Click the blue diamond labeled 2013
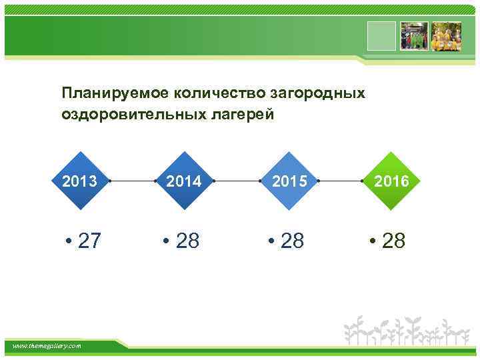[x=79, y=181]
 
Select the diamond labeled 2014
[x=184, y=181]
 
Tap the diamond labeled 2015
[x=289, y=181]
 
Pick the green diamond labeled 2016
[x=393, y=181]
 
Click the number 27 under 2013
[x=89, y=241]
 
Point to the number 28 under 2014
[x=187, y=241]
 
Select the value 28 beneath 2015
[x=292, y=241]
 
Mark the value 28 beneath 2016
[x=393, y=241]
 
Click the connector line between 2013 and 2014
[x=132, y=181]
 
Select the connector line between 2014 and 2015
[x=237, y=181]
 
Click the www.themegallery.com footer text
[x=47, y=345]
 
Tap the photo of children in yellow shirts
[x=446, y=36]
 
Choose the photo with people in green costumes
[x=413, y=36]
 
